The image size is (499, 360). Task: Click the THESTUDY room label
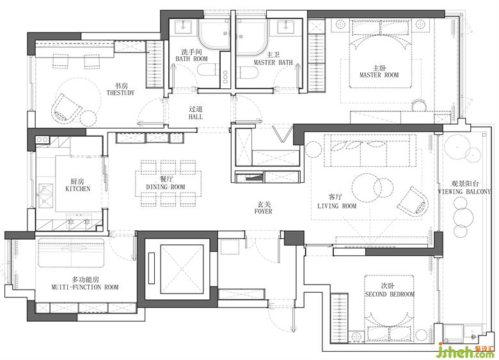(x=120, y=93)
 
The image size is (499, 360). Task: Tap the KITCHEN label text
(x=78, y=189)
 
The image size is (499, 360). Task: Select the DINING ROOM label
(x=166, y=187)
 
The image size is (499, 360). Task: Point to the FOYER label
(x=264, y=211)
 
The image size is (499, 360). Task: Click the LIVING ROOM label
(x=337, y=206)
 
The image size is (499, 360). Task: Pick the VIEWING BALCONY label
(x=464, y=192)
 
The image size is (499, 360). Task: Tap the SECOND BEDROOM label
(x=390, y=294)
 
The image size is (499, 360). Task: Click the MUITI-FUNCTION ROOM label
(x=85, y=287)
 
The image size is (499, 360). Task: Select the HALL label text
(x=196, y=117)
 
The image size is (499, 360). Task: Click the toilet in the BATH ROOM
(x=207, y=69)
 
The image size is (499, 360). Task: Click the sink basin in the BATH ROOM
(x=184, y=27)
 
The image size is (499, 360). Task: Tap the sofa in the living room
(x=370, y=150)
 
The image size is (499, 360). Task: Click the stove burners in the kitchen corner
(x=42, y=139)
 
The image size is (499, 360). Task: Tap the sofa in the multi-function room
(x=71, y=253)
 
